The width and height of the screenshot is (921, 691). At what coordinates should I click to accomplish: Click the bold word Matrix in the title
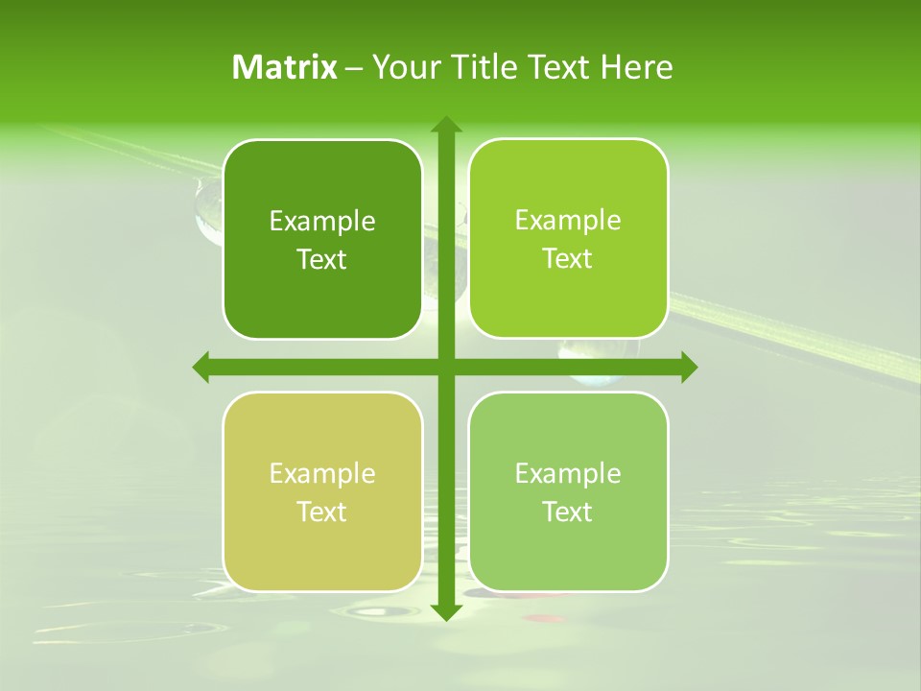(285, 67)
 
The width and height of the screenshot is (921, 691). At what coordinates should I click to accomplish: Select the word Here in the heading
(637, 67)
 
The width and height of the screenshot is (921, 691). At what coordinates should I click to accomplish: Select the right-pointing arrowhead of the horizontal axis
(687, 367)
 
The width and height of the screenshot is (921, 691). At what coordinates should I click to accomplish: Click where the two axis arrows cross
(445, 367)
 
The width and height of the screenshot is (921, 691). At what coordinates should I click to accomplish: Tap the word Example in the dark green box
(322, 222)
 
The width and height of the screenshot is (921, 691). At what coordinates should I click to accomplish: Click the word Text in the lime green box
(568, 259)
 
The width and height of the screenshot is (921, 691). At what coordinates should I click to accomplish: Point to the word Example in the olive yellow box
(322, 474)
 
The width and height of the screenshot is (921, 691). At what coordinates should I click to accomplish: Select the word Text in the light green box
(568, 512)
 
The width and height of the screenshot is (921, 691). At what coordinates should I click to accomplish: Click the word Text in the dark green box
(322, 260)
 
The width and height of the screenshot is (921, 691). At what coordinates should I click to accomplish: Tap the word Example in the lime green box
(568, 221)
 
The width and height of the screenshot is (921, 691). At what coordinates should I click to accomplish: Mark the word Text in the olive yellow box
(322, 512)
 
